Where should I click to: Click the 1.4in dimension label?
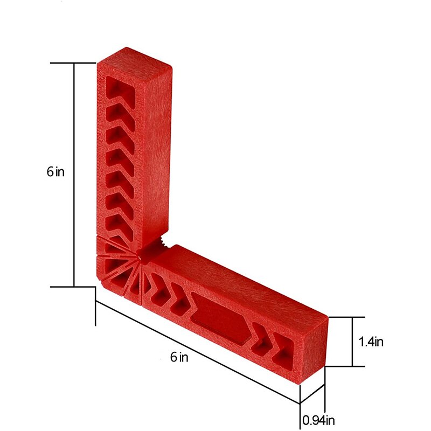[371, 341]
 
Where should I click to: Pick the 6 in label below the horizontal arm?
[180, 357]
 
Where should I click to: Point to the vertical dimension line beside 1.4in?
[352, 342]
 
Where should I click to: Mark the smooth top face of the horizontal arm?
[242, 280]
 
